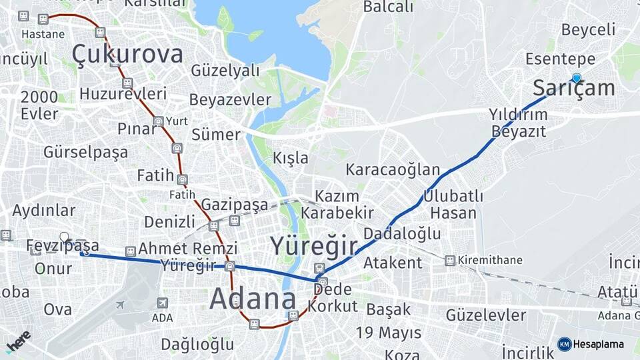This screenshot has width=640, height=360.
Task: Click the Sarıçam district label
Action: [574, 88]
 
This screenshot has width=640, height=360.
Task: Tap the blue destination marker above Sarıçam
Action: [577, 78]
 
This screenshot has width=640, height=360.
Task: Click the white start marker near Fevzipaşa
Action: [65, 237]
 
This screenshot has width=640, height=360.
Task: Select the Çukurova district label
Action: [127, 53]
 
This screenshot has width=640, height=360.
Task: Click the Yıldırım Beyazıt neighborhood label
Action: [519, 122]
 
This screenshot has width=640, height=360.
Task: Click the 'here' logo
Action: [18, 341]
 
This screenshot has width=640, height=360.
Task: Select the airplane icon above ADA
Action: [120, 305]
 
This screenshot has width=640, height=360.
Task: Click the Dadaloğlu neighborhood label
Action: [402, 233]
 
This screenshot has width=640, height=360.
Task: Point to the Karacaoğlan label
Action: [393, 169]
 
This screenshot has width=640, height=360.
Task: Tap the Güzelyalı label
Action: [225, 70]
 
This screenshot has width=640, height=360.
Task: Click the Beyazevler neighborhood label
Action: [230, 100]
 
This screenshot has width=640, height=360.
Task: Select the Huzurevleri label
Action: [123, 93]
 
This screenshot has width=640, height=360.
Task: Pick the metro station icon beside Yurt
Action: [158, 121]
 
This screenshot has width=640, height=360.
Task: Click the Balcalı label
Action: [388, 7]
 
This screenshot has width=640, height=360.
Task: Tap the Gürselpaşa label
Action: [85, 152]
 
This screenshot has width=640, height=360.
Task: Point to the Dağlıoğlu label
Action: [197, 344]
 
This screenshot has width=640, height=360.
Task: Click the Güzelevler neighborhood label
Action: [486, 314]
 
